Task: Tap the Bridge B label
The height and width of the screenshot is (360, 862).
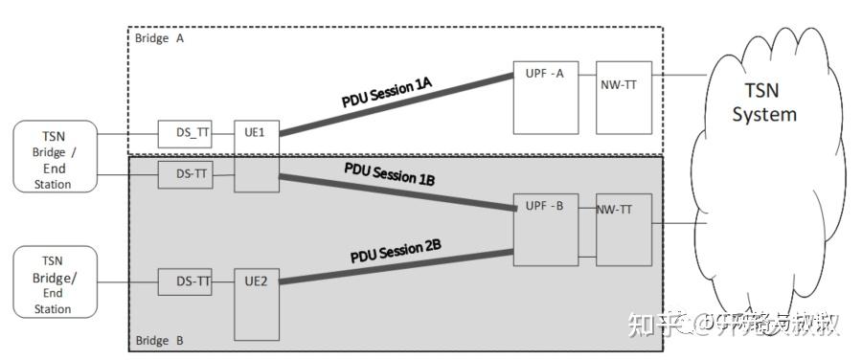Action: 156,340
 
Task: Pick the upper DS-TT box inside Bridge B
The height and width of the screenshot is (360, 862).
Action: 185,174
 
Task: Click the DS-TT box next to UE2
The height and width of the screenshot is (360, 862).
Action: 185,281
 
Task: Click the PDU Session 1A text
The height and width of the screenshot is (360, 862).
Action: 387,92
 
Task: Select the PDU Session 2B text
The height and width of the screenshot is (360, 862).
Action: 395,251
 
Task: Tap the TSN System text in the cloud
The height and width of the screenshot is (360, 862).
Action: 764,103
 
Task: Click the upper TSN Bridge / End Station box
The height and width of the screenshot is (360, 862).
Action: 55,155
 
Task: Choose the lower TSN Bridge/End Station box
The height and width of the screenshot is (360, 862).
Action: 55,281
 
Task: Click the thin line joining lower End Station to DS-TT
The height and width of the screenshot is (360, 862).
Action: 127,281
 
